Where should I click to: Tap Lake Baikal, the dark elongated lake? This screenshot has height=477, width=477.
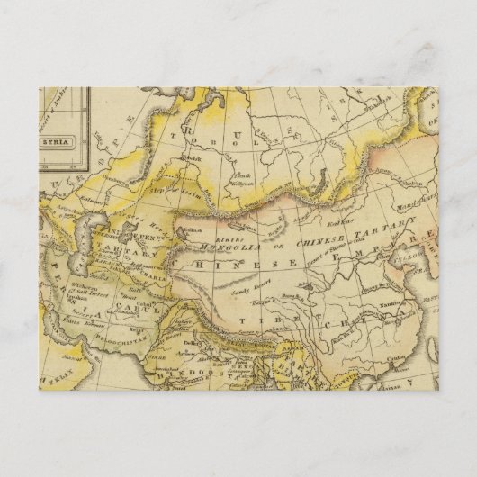304,184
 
